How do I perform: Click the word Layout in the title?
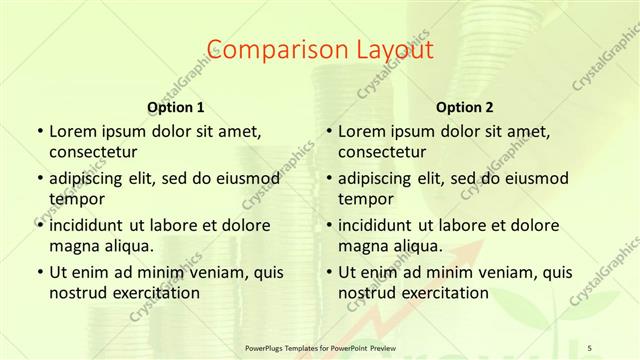pyautogui.click(x=393, y=49)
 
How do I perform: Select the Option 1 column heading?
pyautogui.click(x=176, y=106)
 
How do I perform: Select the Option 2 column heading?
pyautogui.click(x=465, y=106)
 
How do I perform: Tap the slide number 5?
pyautogui.click(x=589, y=347)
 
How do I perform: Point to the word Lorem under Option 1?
pyautogui.click(x=73, y=130)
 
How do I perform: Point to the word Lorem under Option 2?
pyautogui.click(x=363, y=130)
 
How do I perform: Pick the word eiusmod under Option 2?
pyautogui.click(x=535, y=178)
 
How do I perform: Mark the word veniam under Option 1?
pyautogui.click(x=200, y=272)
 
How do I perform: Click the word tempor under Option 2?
pyautogui.click(x=365, y=198)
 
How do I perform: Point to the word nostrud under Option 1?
pyautogui.click(x=78, y=293)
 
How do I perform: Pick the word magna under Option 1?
pyautogui.click(x=73, y=245)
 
